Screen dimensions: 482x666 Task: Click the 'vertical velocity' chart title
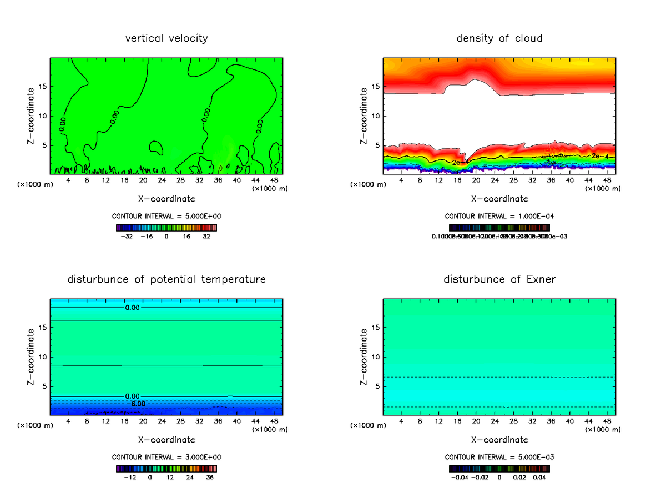point(167,38)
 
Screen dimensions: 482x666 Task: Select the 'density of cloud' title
point(500,38)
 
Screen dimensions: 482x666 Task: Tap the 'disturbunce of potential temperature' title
point(167,279)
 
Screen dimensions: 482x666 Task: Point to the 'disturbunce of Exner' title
point(500,279)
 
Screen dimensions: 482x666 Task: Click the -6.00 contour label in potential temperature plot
point(138,404)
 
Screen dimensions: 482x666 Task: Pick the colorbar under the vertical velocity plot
point(167,228)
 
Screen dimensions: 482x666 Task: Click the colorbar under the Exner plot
point(500,468)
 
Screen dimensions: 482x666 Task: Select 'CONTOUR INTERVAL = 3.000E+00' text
point(167,457)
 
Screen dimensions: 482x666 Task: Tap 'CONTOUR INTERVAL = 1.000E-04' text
point(500,217)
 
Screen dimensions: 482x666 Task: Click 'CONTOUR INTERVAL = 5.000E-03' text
point(500,457)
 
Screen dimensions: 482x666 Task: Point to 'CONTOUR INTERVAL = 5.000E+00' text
point(167,217)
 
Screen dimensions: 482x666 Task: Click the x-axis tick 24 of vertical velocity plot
point(162,180)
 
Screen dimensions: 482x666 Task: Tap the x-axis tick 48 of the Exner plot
point(607,420)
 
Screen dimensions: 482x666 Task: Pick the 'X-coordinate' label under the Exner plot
point(500,440)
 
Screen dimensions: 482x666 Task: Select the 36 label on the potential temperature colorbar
point(210,476)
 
